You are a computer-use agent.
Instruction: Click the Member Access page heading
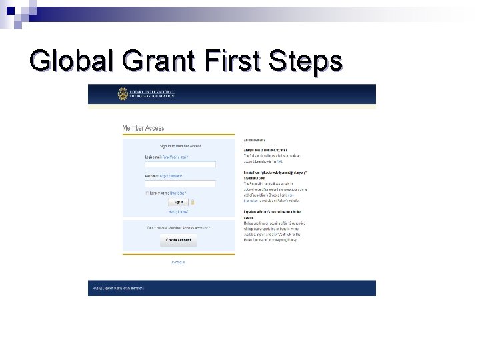tap(143, 128)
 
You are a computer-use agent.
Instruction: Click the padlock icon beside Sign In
tap(192, 202)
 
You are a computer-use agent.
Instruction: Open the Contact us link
tap(179, 262)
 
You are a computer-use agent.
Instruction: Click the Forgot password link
tap(171, 176)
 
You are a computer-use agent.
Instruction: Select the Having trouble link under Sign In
tap(179, 212)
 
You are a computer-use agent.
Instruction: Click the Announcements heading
tap(255, 141)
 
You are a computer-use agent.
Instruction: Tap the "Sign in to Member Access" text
tap(180, 146)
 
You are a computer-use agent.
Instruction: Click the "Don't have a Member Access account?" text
tap(179, 228)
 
